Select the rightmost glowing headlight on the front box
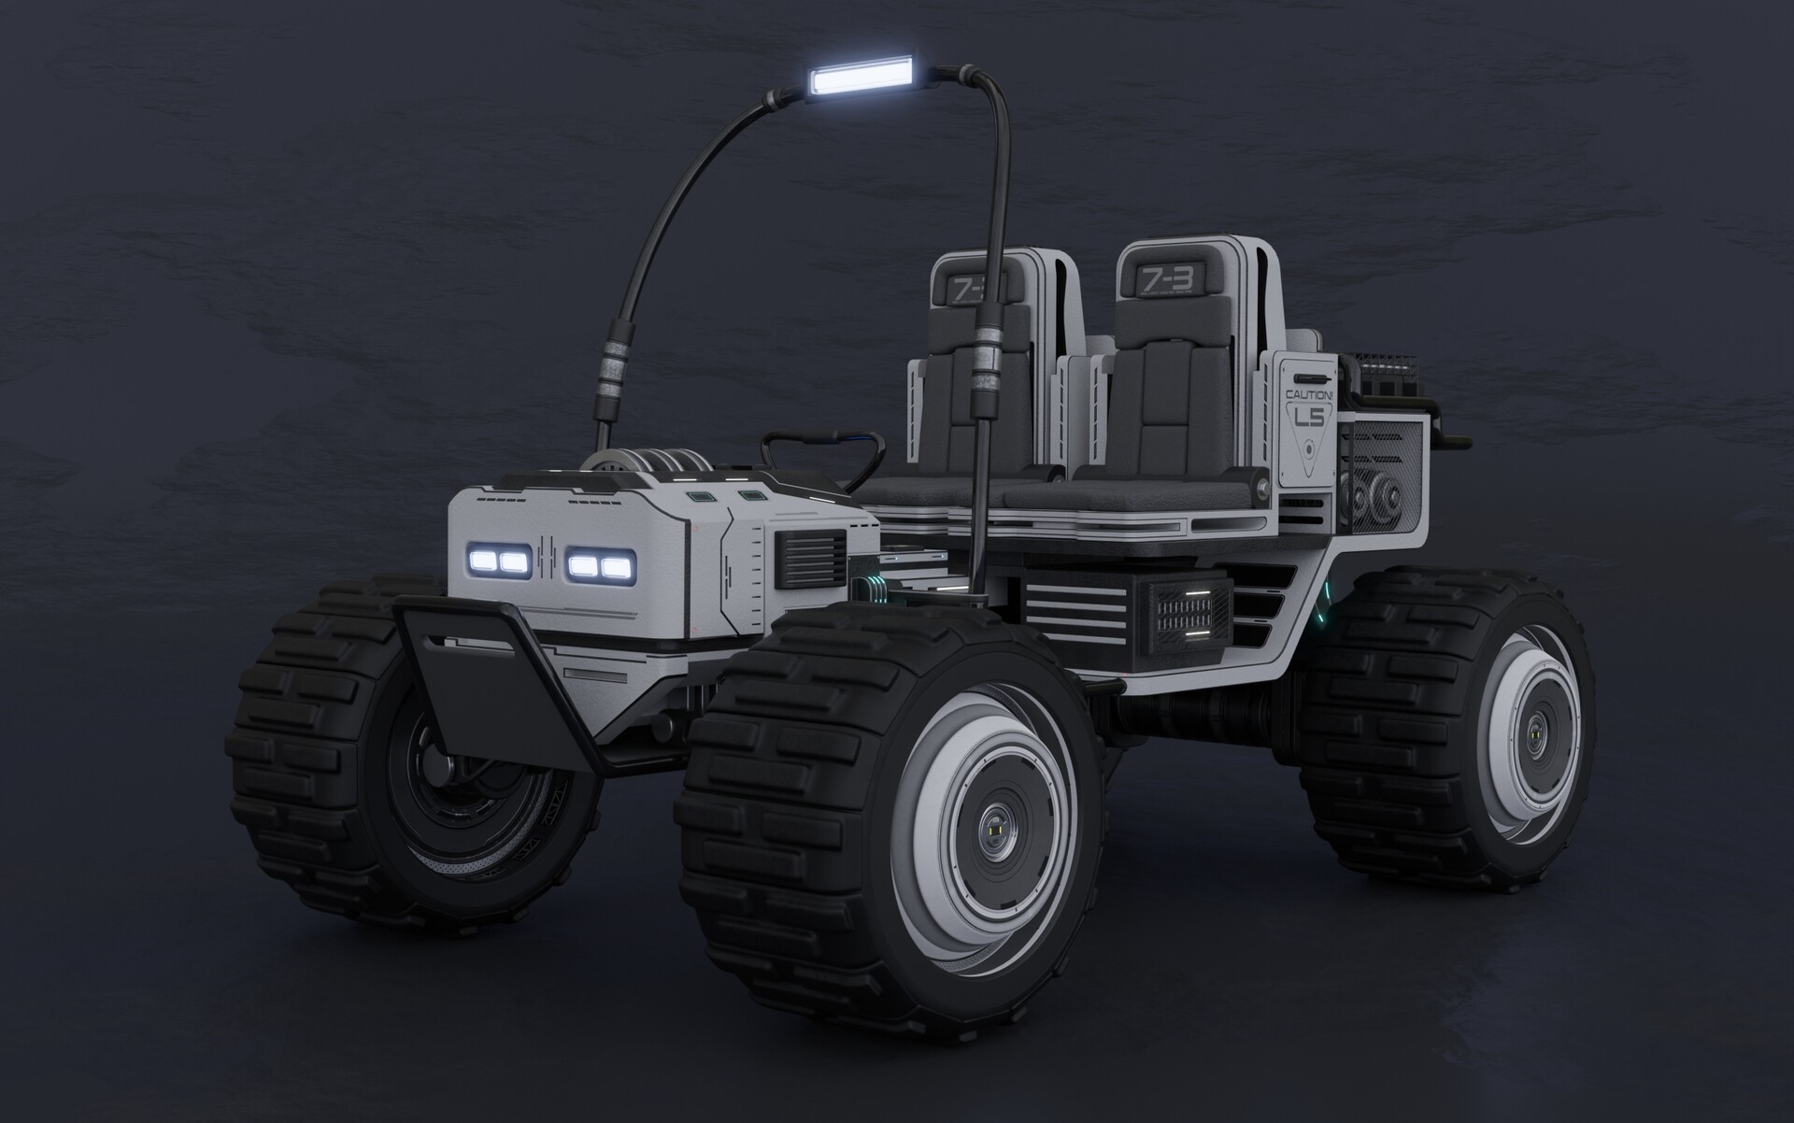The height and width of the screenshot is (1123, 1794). click(614, 567)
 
